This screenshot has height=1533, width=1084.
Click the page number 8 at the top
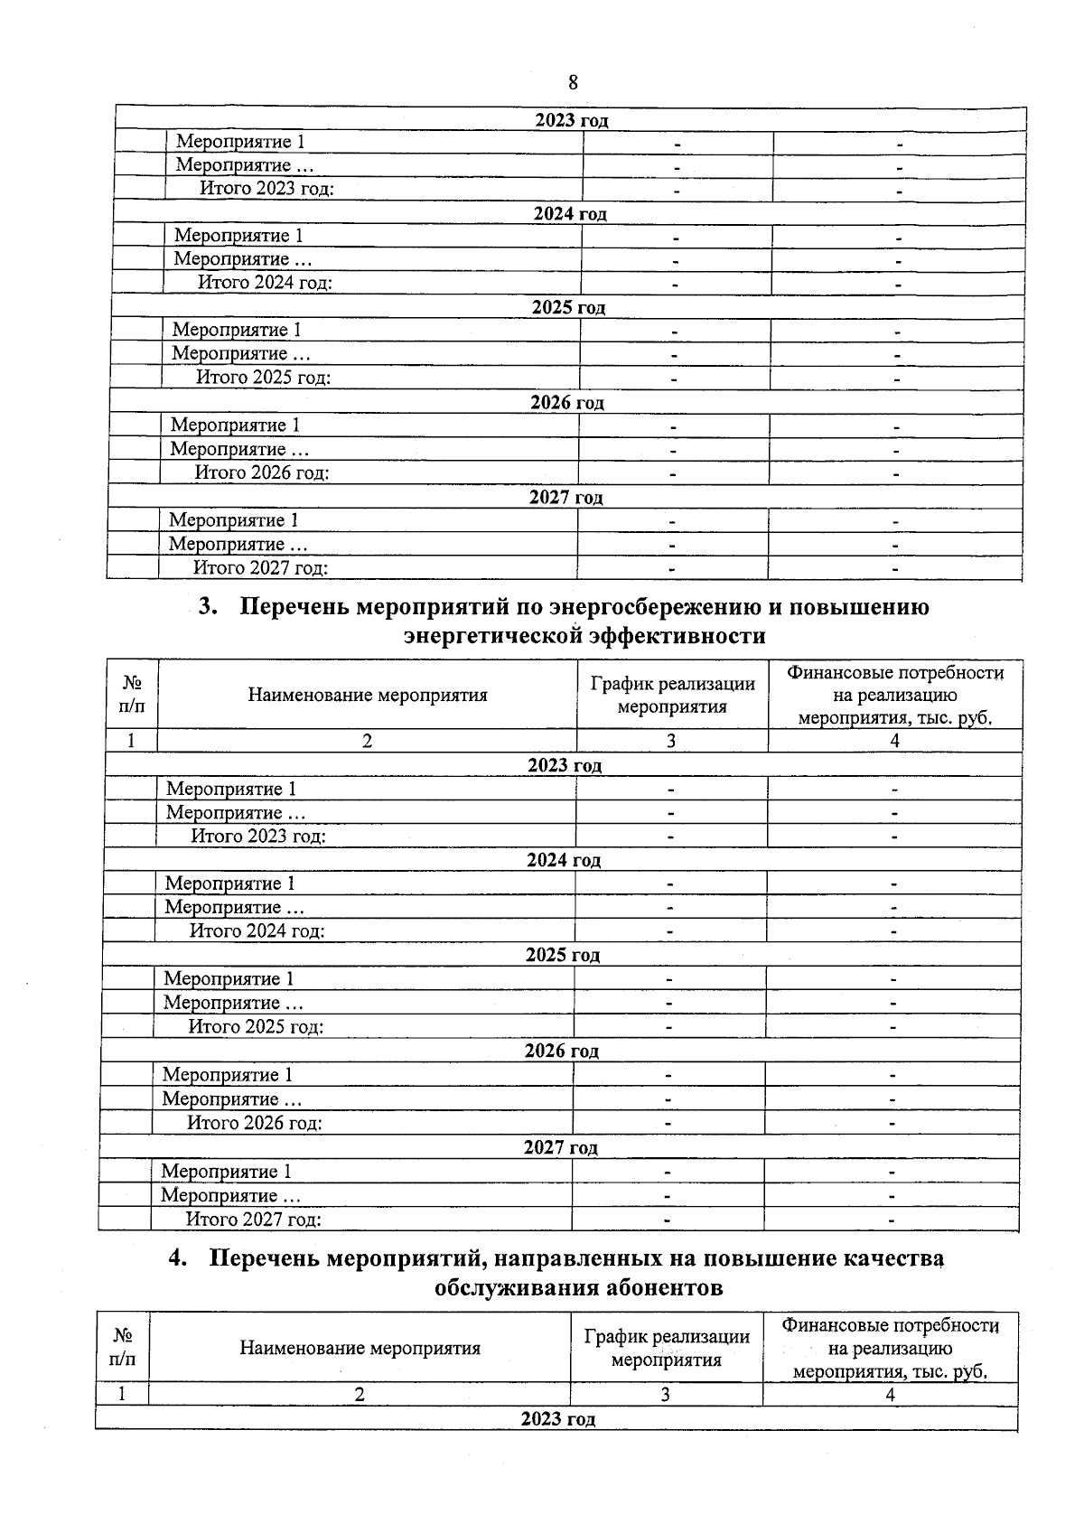point(573,82)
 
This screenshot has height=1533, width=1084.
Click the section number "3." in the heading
point(209,606)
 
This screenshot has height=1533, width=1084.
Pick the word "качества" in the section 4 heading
point(883,1257)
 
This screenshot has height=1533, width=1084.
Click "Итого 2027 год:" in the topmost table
point(260,567)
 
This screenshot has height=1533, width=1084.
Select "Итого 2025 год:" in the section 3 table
point(256,1026)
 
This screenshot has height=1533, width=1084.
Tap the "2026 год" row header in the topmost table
point(566,402)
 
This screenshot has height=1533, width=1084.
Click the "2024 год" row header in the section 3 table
point(564,860)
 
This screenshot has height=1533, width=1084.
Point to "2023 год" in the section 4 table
point(557,1418)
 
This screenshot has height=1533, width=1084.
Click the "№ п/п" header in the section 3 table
point(132,695)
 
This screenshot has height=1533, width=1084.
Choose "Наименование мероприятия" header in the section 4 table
point(360,1348)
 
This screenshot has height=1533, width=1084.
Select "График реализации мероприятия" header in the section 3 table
point(672,695)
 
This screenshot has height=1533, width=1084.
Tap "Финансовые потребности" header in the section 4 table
point(890,1325)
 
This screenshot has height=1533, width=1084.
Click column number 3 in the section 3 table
point(671,741)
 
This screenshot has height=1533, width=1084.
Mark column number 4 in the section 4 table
point(890,1394)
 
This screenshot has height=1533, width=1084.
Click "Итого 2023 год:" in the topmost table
point(266,189)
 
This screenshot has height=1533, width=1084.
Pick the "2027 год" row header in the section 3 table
point(560,1147)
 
